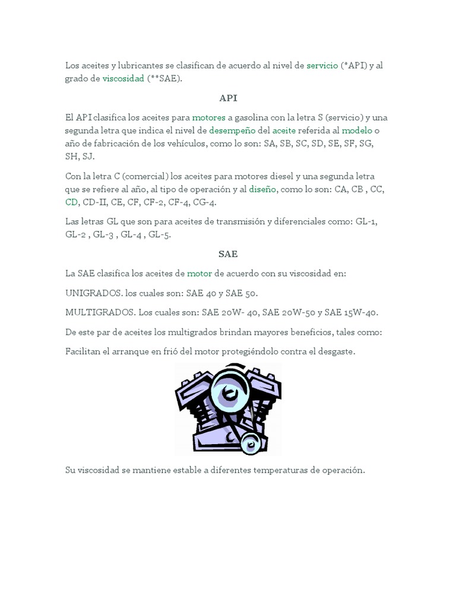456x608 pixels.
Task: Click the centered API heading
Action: [x=228, y=98]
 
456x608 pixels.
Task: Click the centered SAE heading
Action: [x=228, y=254]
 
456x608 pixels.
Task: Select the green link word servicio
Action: [x=322, y=65]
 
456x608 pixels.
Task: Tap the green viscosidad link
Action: [x=123, y=78]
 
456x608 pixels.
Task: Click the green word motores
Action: [x=208, y=118]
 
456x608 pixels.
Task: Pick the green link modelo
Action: [x=357, y=131]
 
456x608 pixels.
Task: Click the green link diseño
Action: [x=262, y=189]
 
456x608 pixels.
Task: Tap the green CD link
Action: [x=72, y=202]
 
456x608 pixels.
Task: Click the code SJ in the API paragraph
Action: [x=87, y=157]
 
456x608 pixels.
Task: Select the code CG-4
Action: [x=205, y=202]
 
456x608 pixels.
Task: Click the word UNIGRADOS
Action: [x=93, y=293]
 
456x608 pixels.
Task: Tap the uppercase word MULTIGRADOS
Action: [x=100, y=313]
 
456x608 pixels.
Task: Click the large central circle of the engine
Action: [x=227, y=392]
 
